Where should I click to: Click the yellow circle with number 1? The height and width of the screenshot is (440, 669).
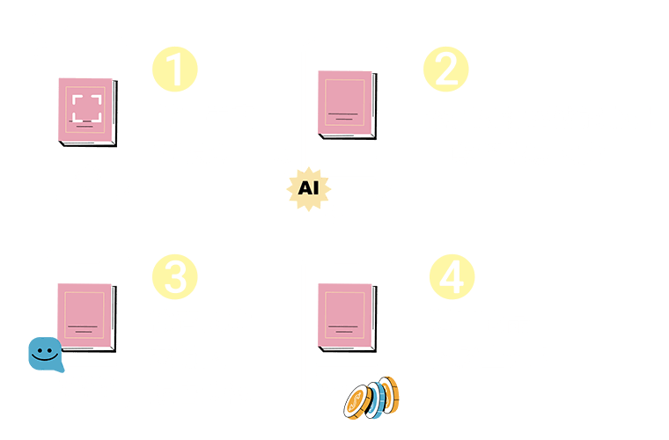click(x=176, y=71)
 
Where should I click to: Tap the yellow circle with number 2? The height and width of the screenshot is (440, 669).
click(x=446, y=71)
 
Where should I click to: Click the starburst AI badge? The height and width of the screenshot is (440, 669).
click(x=306, y=188)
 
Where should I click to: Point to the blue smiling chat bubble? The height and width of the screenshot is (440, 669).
click(x=42, y=354)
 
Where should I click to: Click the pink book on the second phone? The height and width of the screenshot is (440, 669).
click(x=345, y=104)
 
